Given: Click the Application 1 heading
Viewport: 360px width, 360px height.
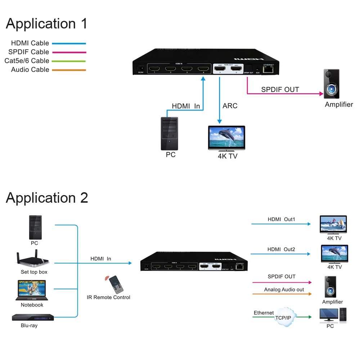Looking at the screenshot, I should [x=46, y=24].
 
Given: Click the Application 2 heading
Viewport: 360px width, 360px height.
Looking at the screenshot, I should [x=47, y=198].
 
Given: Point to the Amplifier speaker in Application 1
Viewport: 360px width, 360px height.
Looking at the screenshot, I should [x=332, y=85].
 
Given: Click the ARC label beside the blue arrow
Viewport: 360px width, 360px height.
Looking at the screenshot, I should [x=230, y=106].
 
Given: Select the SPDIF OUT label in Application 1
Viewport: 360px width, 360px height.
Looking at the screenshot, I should [x=280, y=90].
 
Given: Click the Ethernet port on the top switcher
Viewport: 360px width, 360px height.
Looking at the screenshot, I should [x=269, y=70].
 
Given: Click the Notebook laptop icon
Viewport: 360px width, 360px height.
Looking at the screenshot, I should [x=32, y=290].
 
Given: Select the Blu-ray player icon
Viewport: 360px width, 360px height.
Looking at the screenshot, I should [x=33, y=318].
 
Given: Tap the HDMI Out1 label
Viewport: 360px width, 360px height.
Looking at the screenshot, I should [x=281, y=219].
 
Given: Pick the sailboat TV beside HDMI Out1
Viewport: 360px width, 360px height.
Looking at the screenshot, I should [x=333, y=225].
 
